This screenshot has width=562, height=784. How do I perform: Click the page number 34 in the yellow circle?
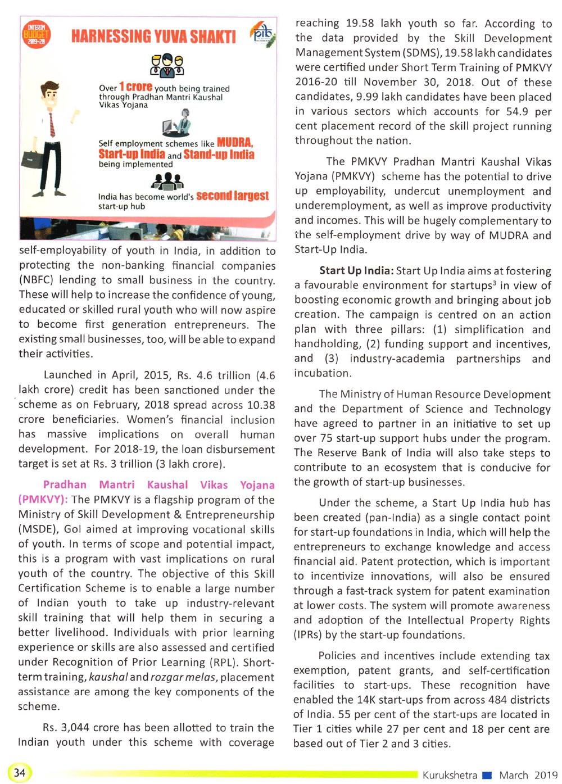coord(20,773)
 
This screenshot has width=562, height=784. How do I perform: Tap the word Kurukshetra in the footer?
coord(450,775)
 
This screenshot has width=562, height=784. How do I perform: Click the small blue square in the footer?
coord(487,775)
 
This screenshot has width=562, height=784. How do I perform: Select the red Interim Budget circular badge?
coord(36,35)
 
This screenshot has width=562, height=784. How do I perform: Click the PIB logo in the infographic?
coord(262,35)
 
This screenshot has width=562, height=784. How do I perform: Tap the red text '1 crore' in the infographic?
coord(135,87)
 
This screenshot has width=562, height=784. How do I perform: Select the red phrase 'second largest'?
coord(232,196)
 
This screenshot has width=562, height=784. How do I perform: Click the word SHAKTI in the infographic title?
coord(213,37)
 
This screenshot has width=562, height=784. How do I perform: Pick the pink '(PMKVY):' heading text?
coord(43,500)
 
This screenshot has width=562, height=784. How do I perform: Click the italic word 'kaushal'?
coord(108,677)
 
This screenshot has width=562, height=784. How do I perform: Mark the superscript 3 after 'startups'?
coord(495,283)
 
